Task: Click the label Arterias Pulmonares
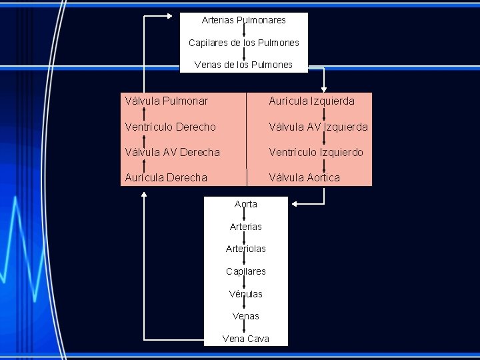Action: coord(243,20)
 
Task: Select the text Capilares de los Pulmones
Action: coord(243,43)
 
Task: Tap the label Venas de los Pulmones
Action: coord(243,65)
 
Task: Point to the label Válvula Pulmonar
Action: coord(166,101)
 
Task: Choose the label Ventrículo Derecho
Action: coord(170,127)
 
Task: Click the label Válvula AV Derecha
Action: coord(171,153)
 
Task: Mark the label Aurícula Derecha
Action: coord(165,177)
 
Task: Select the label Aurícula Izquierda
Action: coord(311,101)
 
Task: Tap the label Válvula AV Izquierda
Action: coord(318,127)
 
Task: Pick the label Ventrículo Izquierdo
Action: coord(315,153)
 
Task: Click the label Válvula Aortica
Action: coord(304,177)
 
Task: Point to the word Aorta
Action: coord(245,204)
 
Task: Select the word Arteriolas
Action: coord(245,249)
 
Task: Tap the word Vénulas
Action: coord(245,294)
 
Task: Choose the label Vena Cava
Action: coord(245,339)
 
